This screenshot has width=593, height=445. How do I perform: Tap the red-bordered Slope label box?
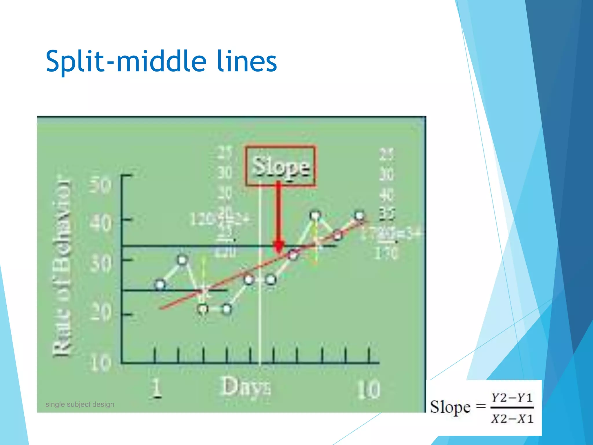click(280, 166)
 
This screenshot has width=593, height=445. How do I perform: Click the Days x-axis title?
click(246, 387)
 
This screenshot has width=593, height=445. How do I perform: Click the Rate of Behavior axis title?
click(61, 265)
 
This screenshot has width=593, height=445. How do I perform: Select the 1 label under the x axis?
click(157, 388)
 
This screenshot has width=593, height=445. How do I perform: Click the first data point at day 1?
click(160, 284)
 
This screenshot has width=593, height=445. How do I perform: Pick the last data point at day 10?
click(359, 216)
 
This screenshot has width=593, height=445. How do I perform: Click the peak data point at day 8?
click(315, 216)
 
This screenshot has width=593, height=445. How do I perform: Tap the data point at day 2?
click(182, 260)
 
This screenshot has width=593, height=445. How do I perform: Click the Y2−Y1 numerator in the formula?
click(512, 398)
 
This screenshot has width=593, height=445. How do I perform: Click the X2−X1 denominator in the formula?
click(512, 419)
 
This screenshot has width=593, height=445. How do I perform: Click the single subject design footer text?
click(80, 404)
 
